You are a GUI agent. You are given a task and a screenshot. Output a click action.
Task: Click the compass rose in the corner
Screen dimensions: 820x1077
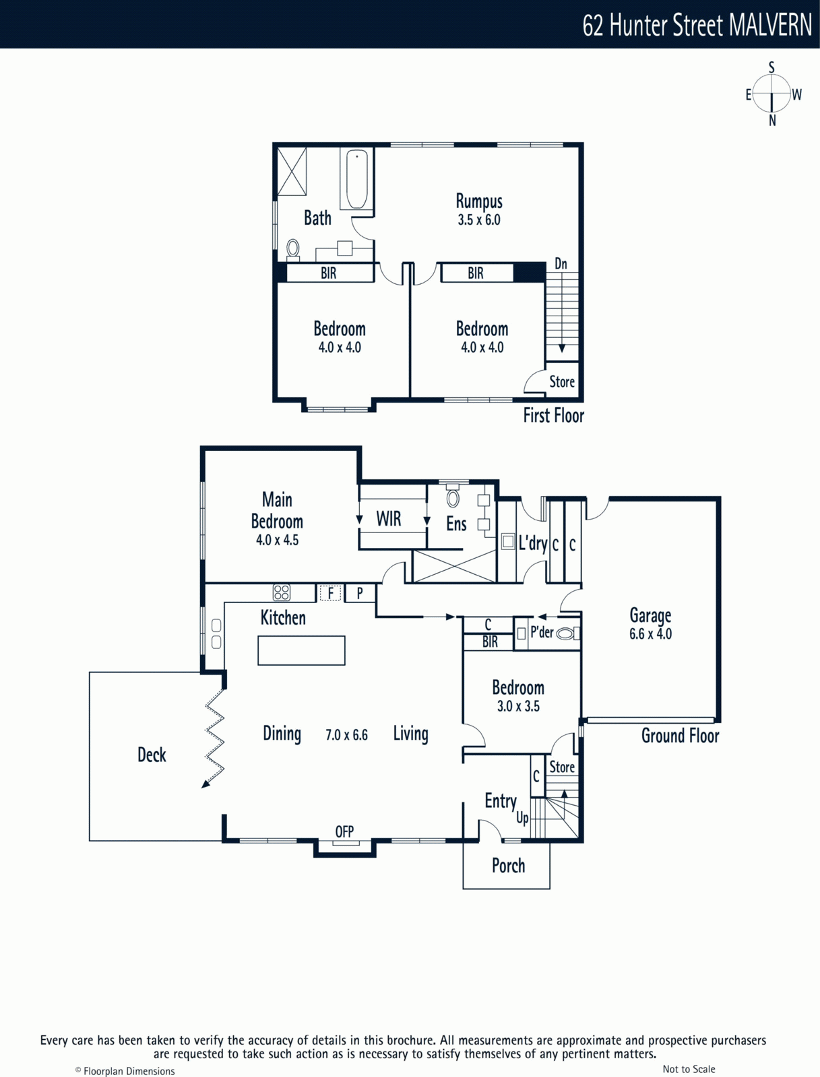(772, 94)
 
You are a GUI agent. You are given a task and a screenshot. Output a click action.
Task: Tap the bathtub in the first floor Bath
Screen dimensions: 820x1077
(357, 179)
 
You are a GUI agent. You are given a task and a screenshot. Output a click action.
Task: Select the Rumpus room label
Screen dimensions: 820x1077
(479, 201)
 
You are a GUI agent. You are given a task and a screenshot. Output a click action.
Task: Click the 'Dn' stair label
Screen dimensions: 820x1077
(561, 264)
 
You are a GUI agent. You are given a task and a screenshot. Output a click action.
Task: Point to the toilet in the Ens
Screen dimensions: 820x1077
(453, 496)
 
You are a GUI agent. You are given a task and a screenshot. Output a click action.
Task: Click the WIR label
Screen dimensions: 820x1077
(388, 518)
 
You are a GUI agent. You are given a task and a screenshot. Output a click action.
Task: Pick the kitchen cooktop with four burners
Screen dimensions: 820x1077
(282, 592)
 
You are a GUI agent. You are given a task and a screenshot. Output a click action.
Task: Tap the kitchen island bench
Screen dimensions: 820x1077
(301, 650)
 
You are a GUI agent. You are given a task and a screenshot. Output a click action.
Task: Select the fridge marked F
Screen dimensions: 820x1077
(330, 593)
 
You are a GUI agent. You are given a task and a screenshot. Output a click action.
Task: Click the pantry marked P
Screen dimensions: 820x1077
(360, 593)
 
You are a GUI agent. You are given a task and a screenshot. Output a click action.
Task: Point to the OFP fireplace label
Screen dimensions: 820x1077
(344, 831)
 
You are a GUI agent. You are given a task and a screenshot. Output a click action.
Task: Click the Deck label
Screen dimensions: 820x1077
(152, 755)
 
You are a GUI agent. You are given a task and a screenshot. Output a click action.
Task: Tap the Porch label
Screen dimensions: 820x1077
(508, 866)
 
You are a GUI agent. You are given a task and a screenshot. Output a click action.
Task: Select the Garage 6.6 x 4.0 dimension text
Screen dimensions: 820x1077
(650, 634)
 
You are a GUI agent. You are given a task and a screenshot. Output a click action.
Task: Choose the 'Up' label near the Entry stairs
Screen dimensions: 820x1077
(522, 817)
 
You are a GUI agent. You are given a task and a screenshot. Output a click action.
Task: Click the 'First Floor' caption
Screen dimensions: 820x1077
(553, 415)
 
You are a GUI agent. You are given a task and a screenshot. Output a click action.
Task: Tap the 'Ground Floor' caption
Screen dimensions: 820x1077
(680, 736)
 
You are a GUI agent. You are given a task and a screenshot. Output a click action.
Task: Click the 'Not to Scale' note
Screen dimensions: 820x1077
(689, 1069)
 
